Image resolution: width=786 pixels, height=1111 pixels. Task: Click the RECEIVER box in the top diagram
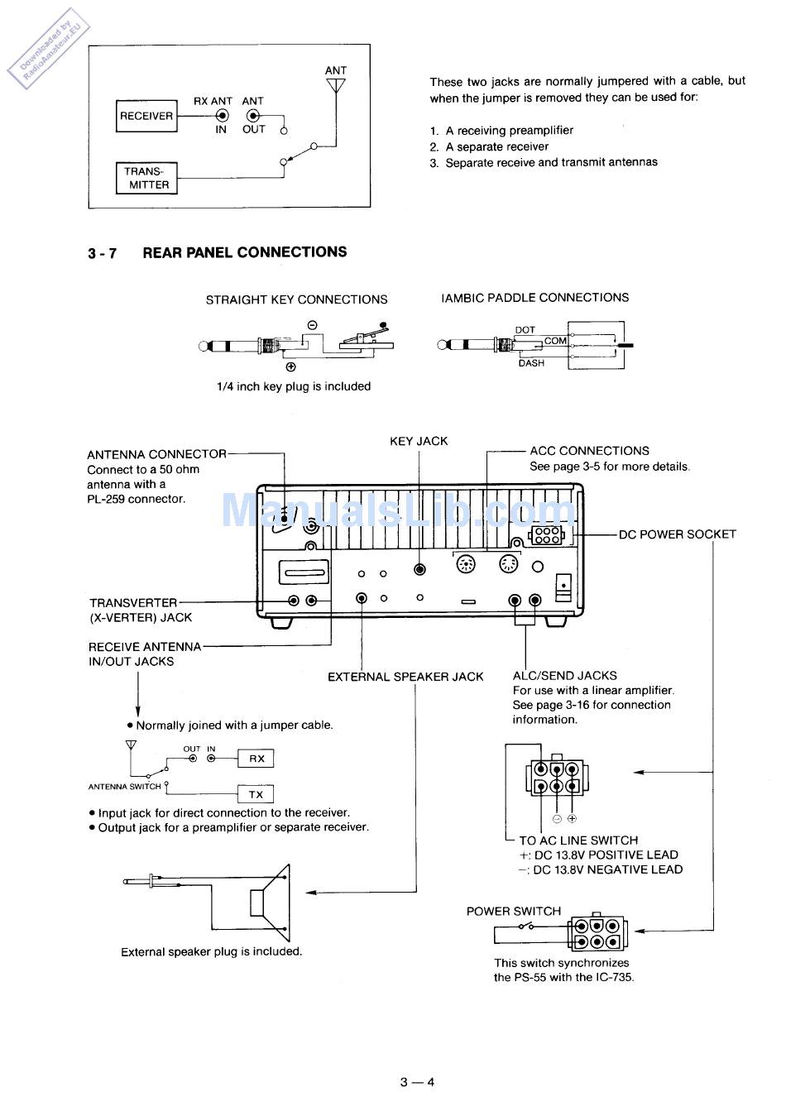146,116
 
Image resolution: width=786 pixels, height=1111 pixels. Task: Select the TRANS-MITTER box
146,178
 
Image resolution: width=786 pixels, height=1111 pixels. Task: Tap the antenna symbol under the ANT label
336,85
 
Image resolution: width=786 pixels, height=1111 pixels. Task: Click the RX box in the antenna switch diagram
256,759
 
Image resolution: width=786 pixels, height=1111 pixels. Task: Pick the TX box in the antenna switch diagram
256,794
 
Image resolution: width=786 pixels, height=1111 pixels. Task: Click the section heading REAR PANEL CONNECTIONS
244,252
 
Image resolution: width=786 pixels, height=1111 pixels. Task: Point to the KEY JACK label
419,441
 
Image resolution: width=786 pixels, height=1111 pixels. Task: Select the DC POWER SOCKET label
677,534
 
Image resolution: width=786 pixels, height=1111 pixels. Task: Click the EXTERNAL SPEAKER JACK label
405,677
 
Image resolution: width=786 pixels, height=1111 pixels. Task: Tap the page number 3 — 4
417,1082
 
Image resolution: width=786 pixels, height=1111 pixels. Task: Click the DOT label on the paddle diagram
525,330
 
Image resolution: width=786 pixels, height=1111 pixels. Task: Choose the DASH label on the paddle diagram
531,363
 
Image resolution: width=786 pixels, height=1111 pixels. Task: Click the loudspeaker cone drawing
271,903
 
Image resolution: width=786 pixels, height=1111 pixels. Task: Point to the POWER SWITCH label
513,911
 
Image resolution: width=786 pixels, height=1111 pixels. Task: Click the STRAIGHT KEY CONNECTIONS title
296,299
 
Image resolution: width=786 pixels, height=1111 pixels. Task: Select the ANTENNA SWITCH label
124,787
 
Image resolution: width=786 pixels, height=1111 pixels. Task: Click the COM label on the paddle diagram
555,341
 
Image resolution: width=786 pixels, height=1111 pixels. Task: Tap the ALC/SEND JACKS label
565,676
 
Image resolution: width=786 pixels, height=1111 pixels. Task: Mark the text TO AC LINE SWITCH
578,840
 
